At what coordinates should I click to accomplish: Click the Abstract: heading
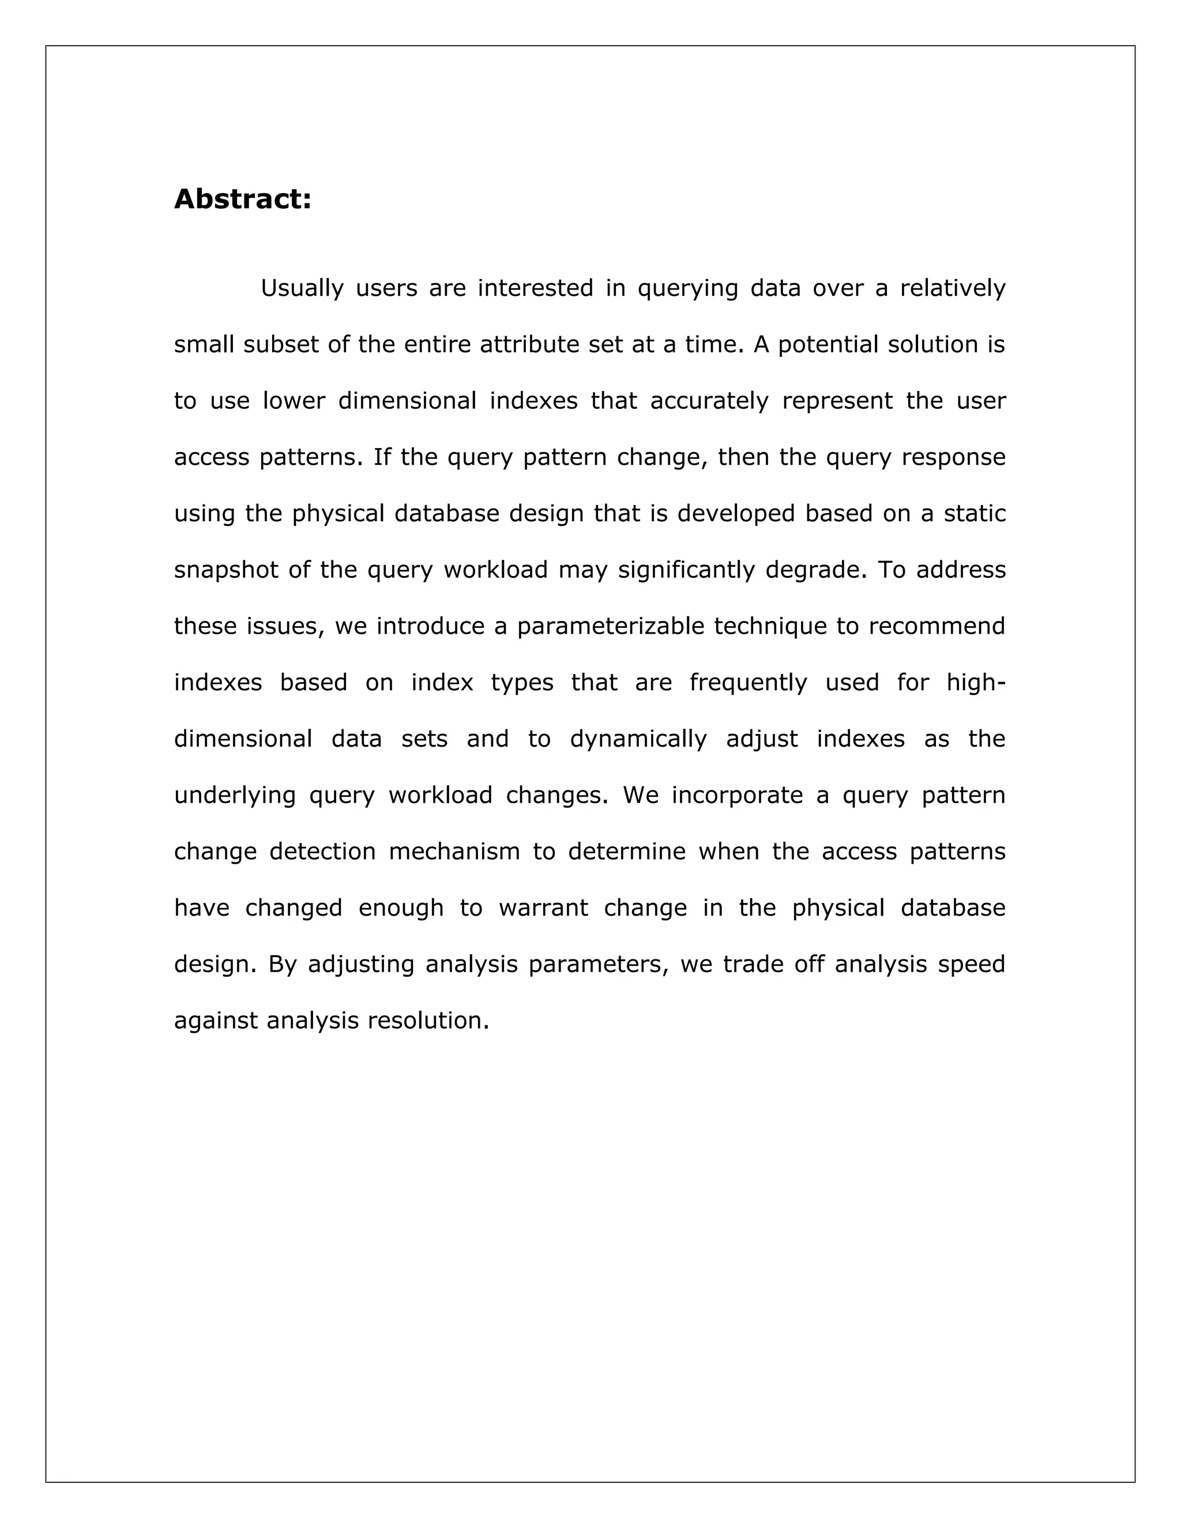[x=242, y=200]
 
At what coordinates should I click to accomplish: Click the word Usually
[x=302, y=288]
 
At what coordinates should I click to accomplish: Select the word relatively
[x=952, y=288]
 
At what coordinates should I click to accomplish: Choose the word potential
[x=829, y=344]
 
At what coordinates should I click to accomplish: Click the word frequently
[x=748, y=683]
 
